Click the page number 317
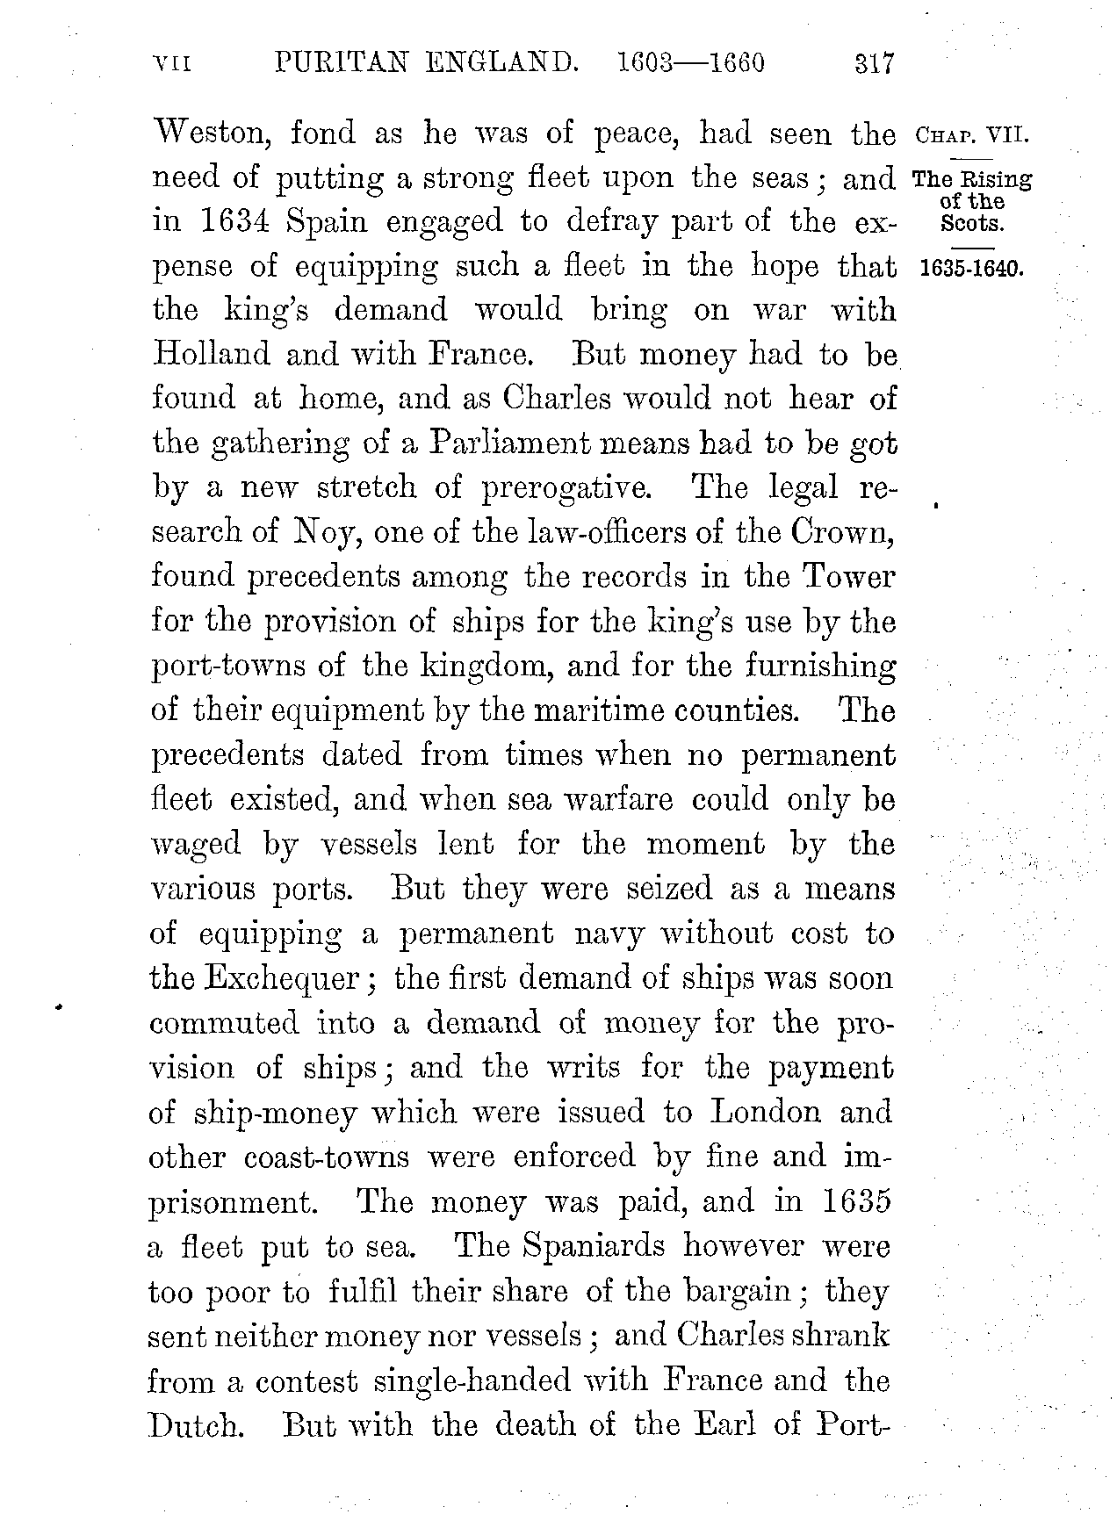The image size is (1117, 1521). pos(873,64)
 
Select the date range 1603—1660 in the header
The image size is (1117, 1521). pos(691,64)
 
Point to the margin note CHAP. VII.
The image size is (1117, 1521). pos(971,136)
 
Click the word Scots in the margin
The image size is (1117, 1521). pos(971,222)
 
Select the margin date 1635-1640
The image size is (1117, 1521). pos(970,268)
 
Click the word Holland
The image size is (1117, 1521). pos(211,354)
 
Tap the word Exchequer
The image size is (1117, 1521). pos(281,978)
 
